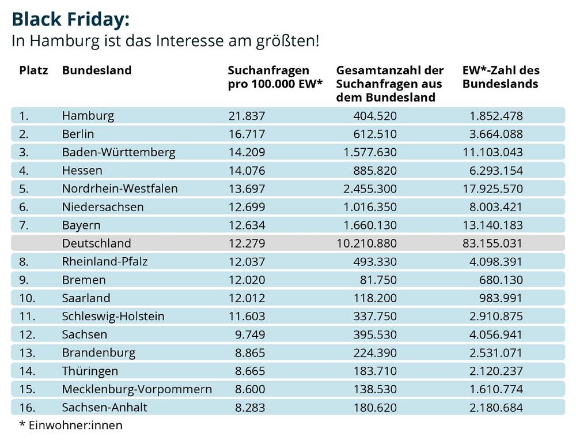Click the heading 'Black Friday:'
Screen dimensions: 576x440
[70, 20]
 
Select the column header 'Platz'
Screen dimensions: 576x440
[33, 70]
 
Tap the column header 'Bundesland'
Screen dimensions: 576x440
[97, 70]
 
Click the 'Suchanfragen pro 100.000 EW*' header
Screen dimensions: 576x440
[275, 77]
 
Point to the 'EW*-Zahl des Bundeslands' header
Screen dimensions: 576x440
[501, 77]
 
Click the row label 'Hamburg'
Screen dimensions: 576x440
[88, 116]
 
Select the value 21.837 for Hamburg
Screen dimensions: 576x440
[247, 116]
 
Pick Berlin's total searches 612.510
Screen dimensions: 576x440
[375, 134]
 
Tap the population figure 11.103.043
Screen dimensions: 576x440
[492, 152]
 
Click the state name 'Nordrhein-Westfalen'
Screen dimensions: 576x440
[120, 189]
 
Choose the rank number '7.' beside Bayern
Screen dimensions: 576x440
[24, 225]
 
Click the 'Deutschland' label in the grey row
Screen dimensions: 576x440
[96, 243]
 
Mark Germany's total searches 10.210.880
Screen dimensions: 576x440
[366, 243]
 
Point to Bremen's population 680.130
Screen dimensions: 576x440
[501, 280]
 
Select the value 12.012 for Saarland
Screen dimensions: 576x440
[247, 298]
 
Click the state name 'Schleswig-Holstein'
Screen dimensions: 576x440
[113, 317]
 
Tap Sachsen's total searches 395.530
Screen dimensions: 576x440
[375, 334]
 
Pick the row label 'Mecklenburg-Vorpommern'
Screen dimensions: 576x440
[137, 389]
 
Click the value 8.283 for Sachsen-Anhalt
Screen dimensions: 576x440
[250, 408]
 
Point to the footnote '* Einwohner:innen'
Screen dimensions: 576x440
[71, 425]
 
